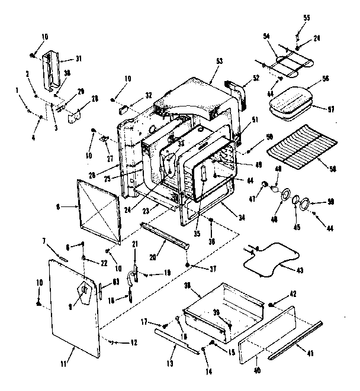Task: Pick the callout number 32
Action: [148, 95]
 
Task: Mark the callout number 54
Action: [266, 37]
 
